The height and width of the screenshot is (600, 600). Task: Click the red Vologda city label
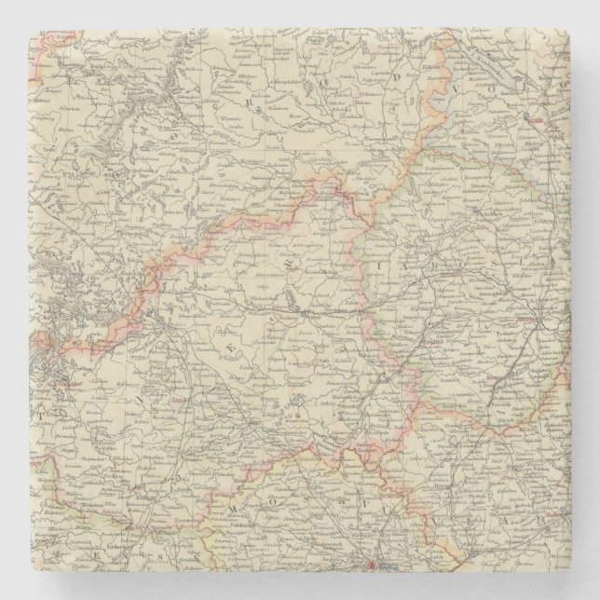click(x=559, y=122)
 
